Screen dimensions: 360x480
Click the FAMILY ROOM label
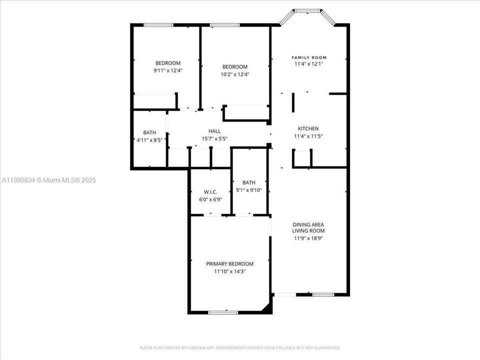pos(309,57)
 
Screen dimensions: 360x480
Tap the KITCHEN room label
pos(308,128)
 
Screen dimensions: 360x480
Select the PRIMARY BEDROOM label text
pos(229,264)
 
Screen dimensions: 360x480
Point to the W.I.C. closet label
pos(209,192)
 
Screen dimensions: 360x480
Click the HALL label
pos(214,131)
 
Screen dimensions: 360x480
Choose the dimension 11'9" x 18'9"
pos(308,238)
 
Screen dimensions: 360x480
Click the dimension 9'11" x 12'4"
pos(167,70)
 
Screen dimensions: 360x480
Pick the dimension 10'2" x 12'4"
pos(234,74)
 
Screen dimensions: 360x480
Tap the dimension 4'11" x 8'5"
pos(149,140)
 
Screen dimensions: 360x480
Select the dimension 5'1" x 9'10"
pos(249,190)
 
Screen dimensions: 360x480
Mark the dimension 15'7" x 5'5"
pos(214,138)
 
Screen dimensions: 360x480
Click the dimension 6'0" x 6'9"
pos(210,199)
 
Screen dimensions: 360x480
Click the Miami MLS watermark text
pos(48,180)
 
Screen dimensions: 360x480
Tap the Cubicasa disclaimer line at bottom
pos(239,347)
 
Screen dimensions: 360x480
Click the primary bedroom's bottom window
pos(222,312)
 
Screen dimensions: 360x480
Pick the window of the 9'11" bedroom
pos(158,24)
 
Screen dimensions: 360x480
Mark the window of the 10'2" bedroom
pos(224,24)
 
